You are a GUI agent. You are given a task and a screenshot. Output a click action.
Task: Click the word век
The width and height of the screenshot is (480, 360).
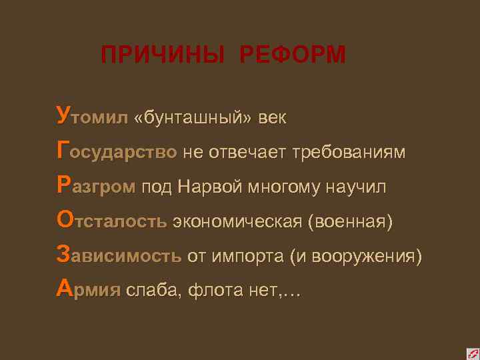273,119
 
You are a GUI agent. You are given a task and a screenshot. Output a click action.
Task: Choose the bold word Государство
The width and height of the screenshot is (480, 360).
117,153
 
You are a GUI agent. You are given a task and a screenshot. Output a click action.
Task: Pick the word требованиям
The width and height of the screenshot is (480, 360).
349,153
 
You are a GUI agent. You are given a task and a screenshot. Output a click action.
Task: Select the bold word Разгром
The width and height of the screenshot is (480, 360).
97,187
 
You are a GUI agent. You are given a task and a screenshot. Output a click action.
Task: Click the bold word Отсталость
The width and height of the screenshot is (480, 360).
112,221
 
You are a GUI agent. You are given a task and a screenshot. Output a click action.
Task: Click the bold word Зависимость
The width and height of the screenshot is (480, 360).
119,256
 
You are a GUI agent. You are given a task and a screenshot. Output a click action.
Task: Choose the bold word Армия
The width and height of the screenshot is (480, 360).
89,290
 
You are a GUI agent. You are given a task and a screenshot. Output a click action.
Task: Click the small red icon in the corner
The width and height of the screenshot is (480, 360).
471,352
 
